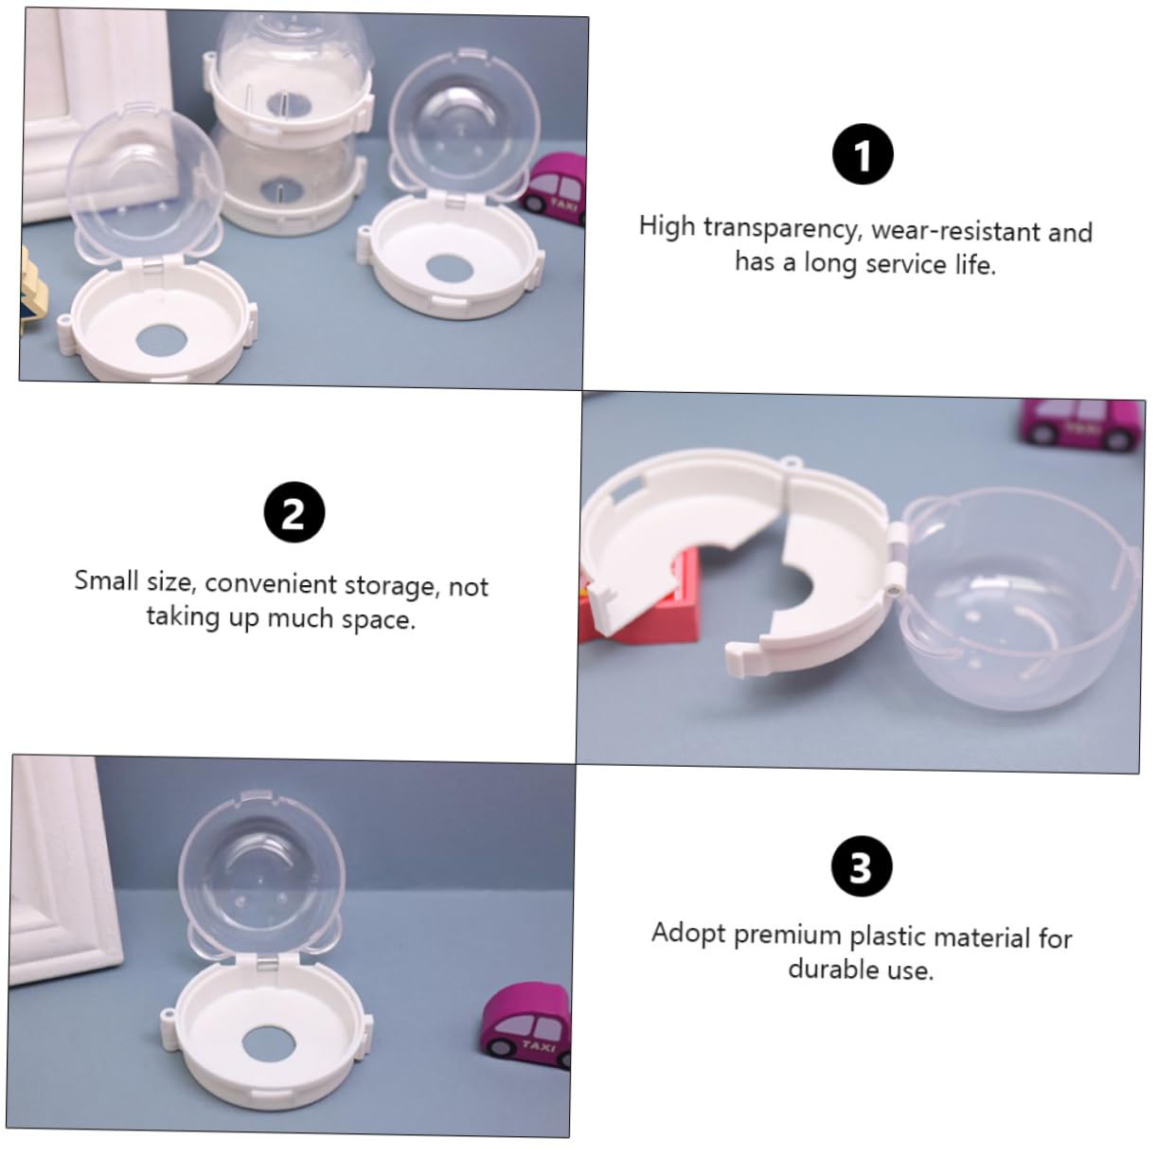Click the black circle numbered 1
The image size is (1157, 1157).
click(863, 153)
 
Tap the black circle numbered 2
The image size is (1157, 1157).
click(294, 512)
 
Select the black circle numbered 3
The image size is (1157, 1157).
click(862, 866)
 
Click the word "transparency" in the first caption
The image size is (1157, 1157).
click(782, 229)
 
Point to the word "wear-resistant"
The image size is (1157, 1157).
click(956, 231)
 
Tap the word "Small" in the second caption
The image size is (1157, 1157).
click(106, 580)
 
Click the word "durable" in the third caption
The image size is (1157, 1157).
click(833, 969)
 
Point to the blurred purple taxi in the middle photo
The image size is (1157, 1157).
click(1080, 424)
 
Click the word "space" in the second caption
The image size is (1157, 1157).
click(379, 619)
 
